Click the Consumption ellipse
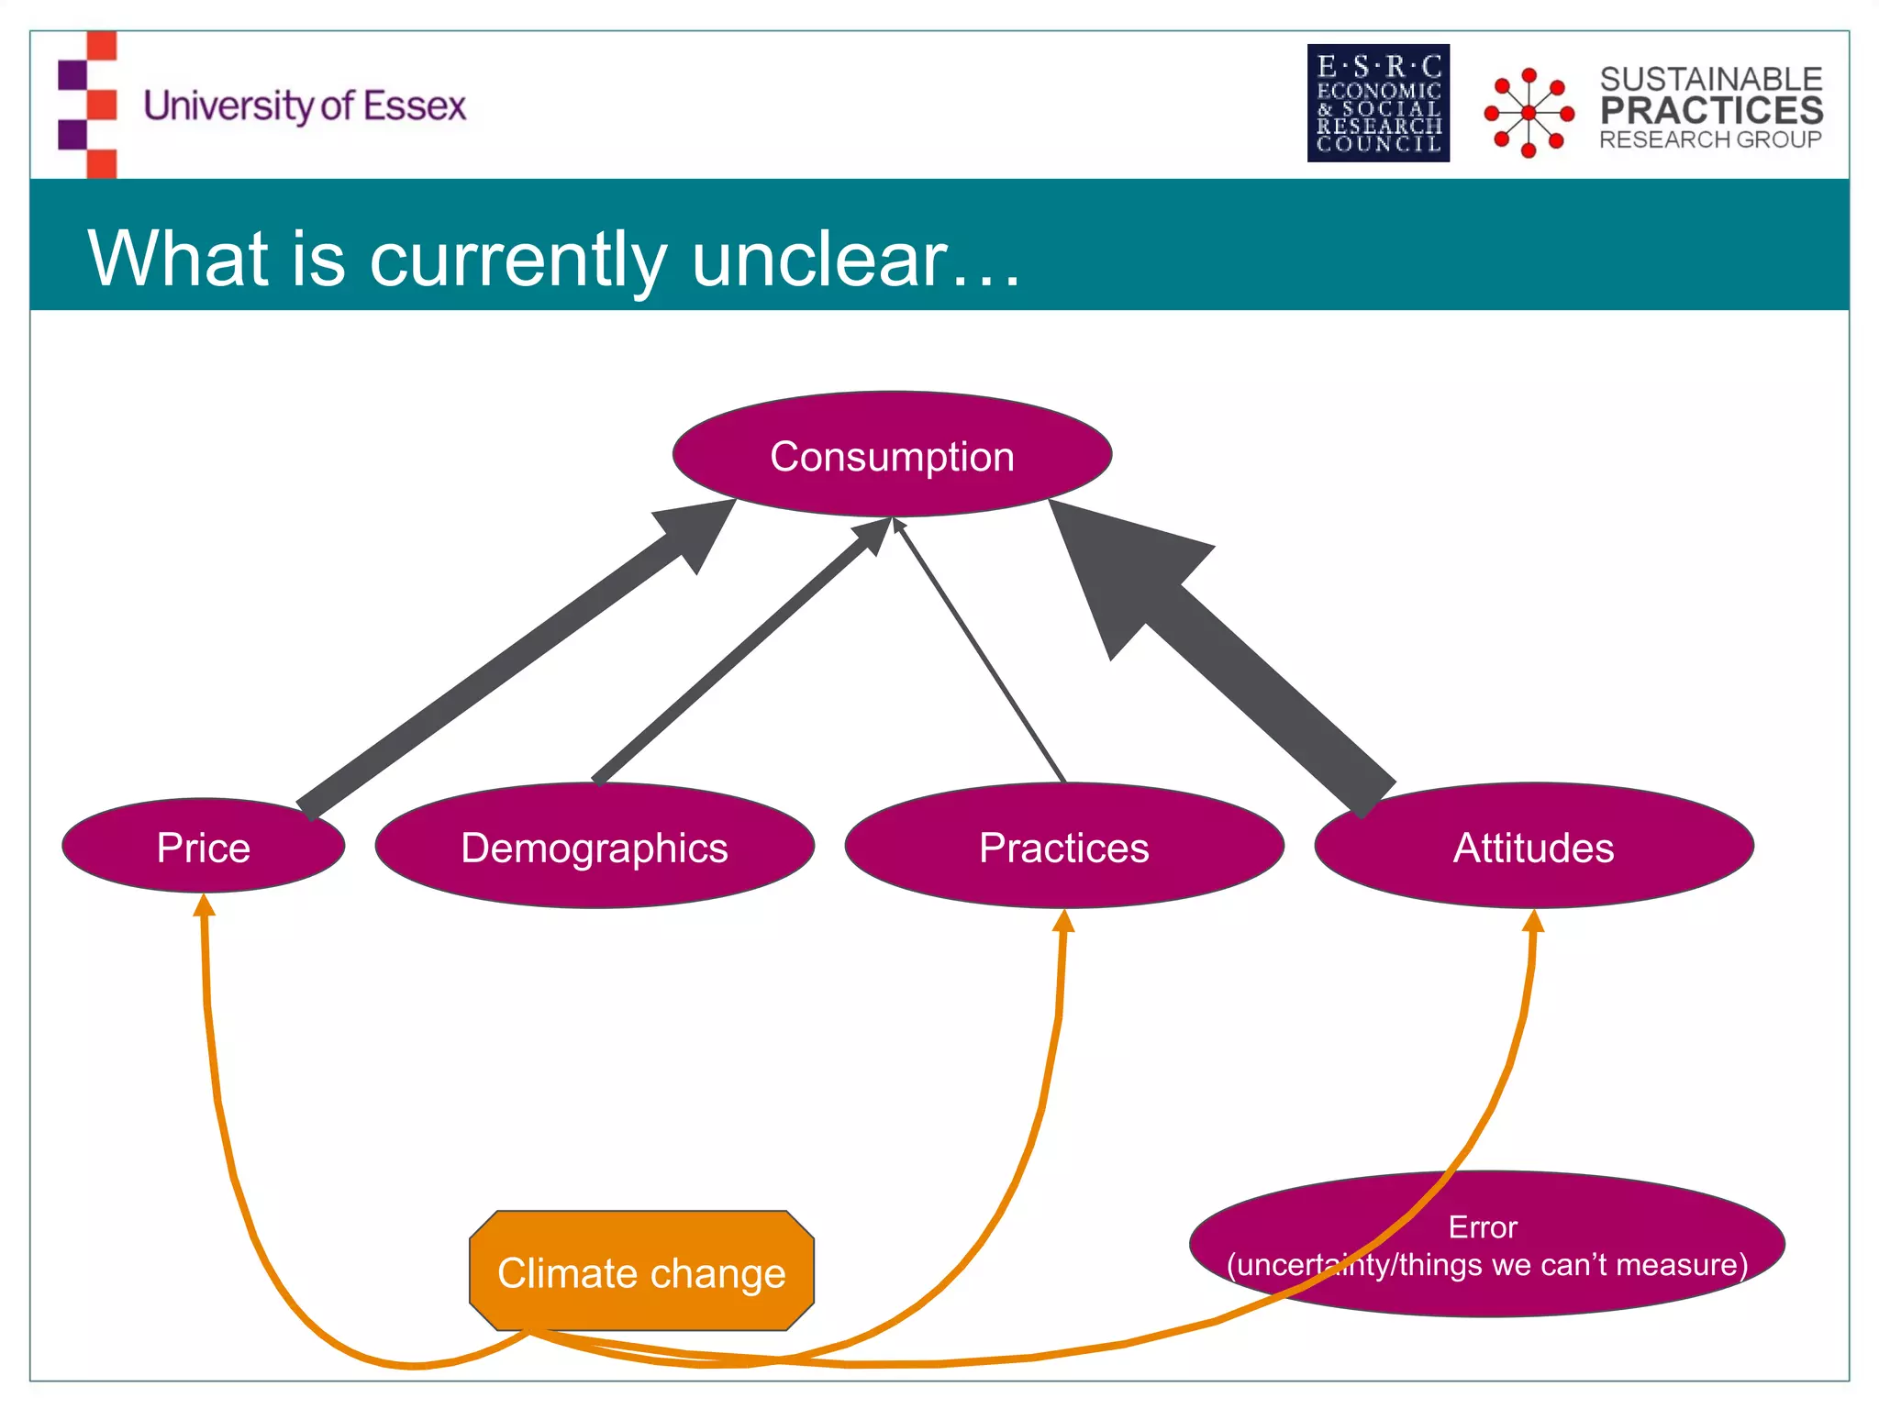(892, 456)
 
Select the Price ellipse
(203, 847)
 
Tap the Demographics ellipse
(595, 847)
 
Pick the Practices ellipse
(1063, 847)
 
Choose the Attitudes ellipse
(1533, 847)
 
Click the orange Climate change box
(641, 1272)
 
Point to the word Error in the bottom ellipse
(1482, 1227)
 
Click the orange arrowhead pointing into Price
(204, 906)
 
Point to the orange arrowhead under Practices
(1063, 921)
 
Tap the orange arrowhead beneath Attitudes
(1534, 921)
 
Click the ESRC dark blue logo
(1378, 103)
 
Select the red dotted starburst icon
(1529, 112)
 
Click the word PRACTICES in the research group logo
(1711, 111)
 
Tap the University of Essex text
(305, 106)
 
